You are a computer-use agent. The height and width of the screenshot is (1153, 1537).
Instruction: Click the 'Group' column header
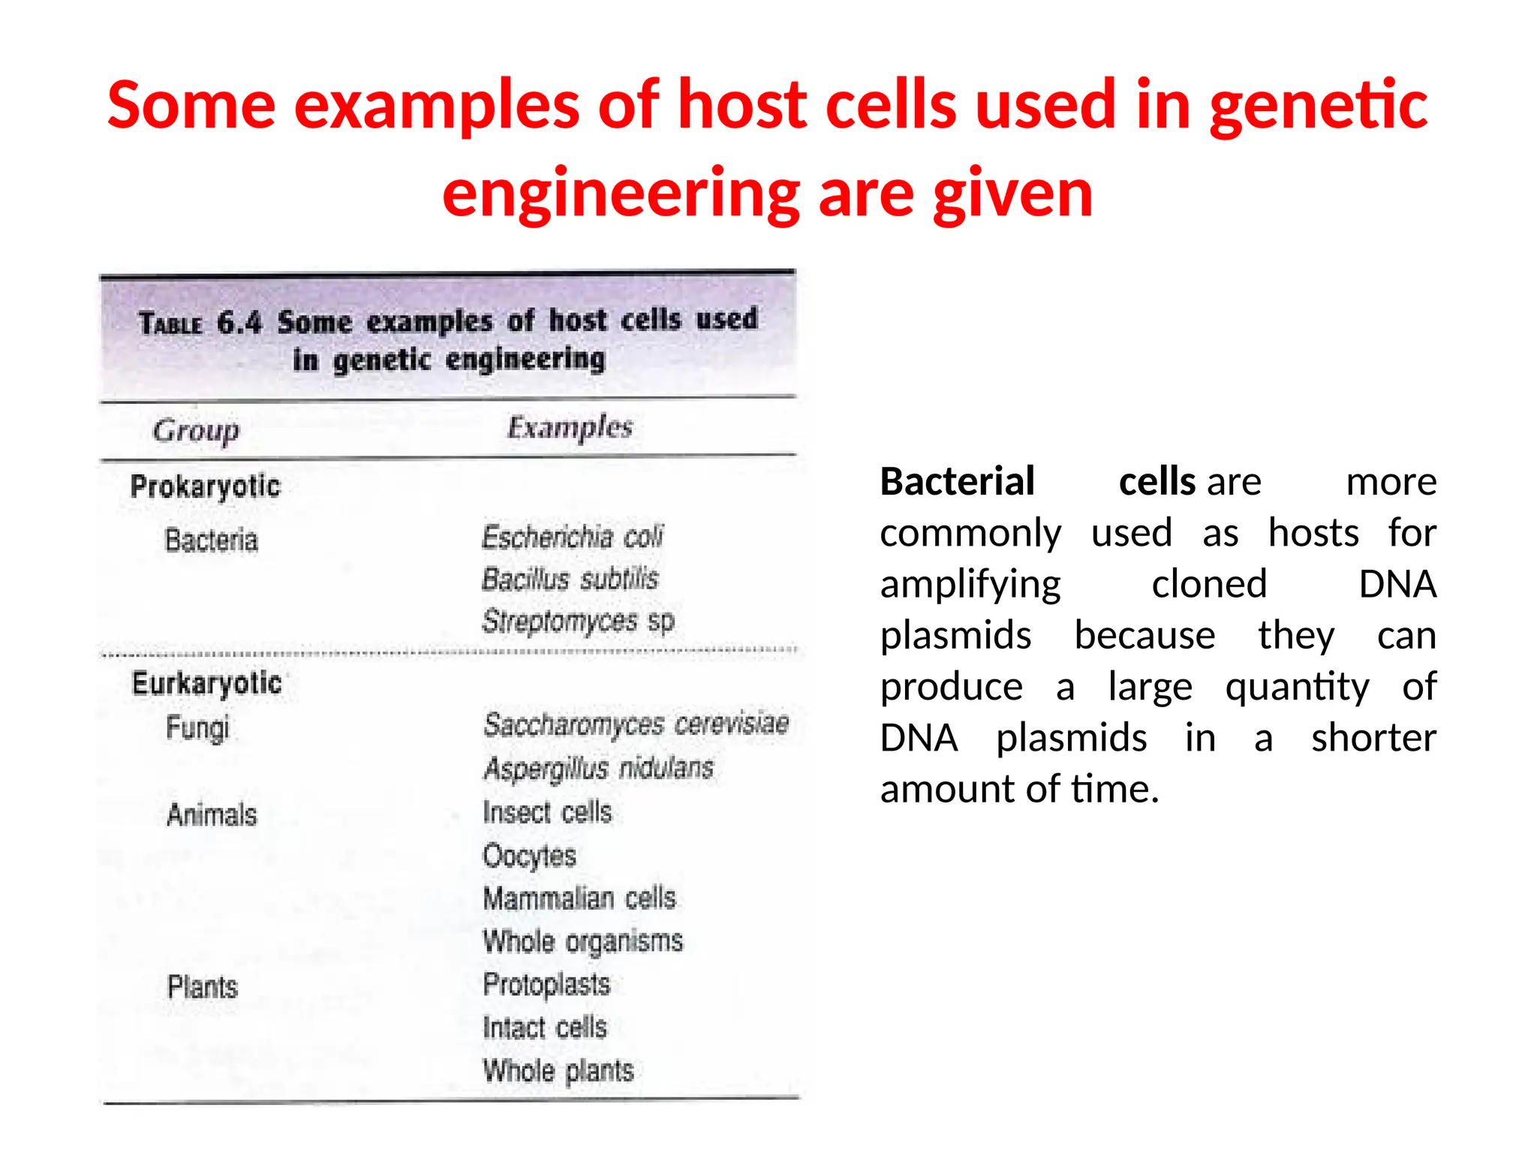[x=196, y=431]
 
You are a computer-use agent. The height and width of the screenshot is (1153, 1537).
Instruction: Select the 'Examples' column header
[x=570, y=427]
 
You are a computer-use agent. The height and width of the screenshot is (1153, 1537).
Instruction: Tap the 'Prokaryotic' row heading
[x=205, y=486]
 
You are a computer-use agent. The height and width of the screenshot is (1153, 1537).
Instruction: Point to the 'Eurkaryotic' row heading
[x=207, y=683]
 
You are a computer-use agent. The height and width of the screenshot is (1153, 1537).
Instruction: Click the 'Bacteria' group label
[x=211, y=540]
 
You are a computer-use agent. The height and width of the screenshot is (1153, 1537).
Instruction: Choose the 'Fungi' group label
[x=197, y=728]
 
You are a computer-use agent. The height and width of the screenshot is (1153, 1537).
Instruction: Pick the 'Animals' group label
[x=212, y=815]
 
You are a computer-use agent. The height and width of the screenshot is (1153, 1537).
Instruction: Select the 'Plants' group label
[x=202, y=986]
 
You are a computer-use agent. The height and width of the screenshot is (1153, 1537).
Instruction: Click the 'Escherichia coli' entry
[x=573, y=537]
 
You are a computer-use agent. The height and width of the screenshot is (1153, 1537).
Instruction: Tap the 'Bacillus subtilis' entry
[x=570, y=579]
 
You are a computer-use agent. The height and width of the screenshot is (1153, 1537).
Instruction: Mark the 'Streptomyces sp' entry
[x=578, y=622]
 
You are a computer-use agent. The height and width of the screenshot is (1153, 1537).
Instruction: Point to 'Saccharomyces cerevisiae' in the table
[x=636, y=724]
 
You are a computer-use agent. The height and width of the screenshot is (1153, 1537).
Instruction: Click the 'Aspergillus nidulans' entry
[x=598, y=768]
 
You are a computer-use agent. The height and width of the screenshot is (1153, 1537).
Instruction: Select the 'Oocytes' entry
[x=529, y=856]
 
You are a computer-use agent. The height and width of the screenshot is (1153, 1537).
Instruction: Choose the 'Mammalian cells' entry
[x=579, y=899]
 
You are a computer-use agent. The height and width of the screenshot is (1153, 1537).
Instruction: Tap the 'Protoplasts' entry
[x=546, y=985]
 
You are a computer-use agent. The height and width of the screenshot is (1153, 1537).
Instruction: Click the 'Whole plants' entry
[x=558, y=1071]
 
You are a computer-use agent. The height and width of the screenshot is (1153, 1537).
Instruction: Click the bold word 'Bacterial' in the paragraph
[x=957, y=481]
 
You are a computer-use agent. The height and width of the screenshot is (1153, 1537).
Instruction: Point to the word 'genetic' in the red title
[x=1319, y=106]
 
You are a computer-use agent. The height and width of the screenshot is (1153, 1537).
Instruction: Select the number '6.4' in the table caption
[x=239, y=324]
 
